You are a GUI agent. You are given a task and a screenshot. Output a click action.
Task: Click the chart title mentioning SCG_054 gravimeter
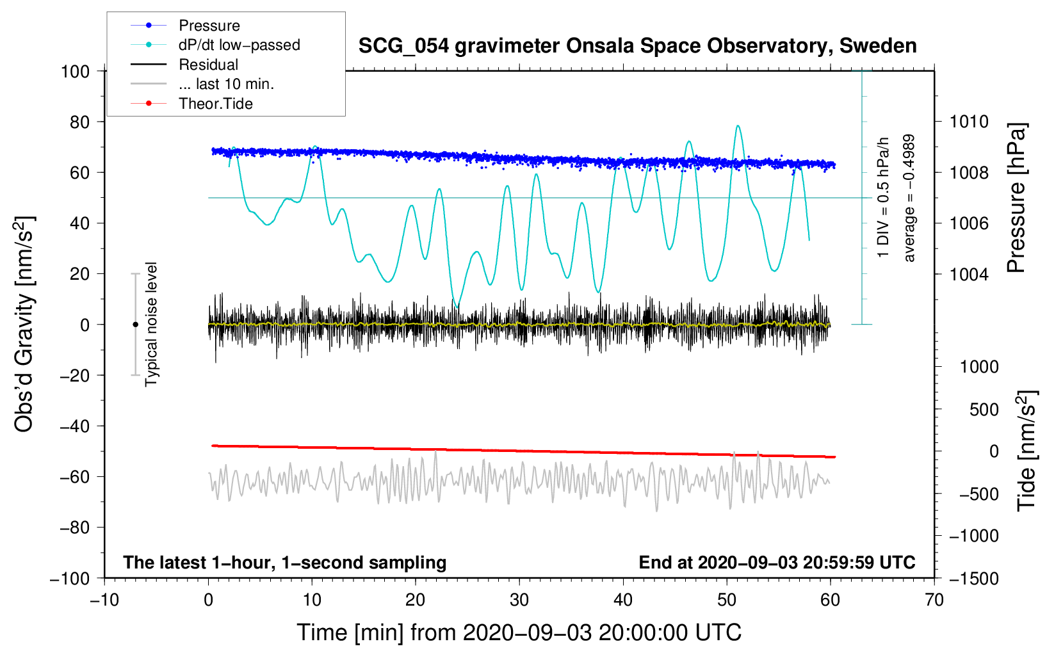637,46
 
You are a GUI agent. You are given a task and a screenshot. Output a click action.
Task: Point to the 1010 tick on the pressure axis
969,122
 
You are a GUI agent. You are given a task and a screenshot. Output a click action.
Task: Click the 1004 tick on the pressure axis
969,274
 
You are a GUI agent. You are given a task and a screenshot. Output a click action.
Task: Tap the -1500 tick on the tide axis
973,578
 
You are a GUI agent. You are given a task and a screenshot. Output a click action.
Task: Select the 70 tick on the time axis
934,600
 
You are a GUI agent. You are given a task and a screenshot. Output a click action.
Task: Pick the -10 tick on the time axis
104,600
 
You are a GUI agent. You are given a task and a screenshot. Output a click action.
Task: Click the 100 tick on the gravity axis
75,71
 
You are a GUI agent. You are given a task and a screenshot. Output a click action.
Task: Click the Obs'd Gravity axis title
24,324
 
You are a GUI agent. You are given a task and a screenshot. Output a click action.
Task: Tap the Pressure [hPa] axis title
1017,198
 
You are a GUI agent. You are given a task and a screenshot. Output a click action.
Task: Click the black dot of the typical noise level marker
135,325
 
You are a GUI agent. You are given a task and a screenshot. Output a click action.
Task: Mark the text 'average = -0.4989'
909,198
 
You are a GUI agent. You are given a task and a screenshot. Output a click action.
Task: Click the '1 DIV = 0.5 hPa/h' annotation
884,197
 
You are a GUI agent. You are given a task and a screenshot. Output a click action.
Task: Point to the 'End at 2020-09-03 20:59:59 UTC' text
777,563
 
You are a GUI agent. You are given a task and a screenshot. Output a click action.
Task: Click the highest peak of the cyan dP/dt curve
738,126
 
